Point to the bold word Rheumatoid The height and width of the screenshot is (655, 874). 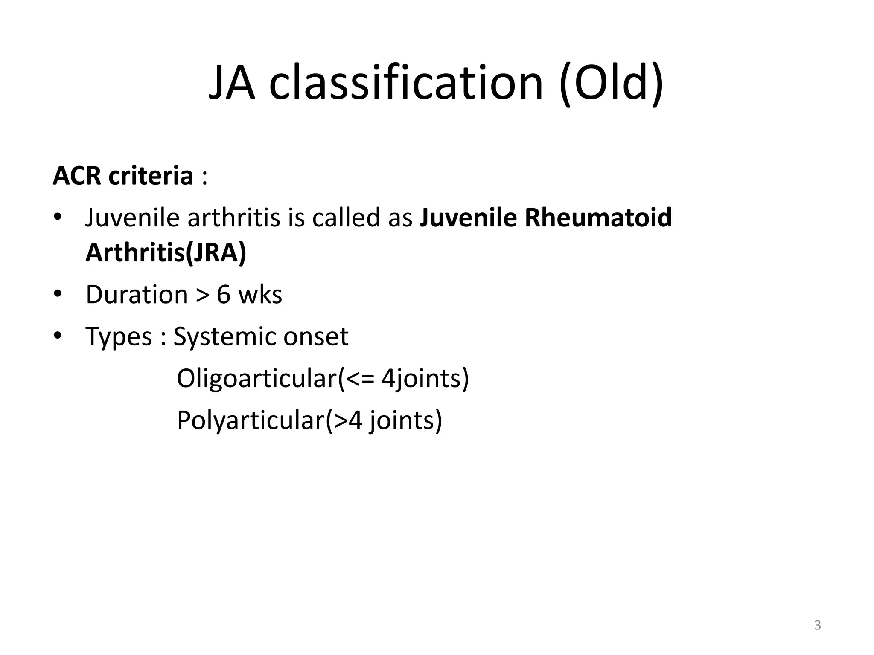(x=598, y=217)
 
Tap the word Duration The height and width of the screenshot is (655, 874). (x=137, y=294)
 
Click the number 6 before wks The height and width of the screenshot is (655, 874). (x=224, y=294)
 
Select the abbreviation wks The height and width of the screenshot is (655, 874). (x=260, y=294)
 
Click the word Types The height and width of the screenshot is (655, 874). (x=119, y=336)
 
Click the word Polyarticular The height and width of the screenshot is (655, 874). (x=251, y=420)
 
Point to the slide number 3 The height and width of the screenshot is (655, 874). (x=817, y=625)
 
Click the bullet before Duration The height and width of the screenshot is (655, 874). (x=58, y=294)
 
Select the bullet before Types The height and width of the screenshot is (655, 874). (x=58, y=336)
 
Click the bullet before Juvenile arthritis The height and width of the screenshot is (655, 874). (x=58, y=217)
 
